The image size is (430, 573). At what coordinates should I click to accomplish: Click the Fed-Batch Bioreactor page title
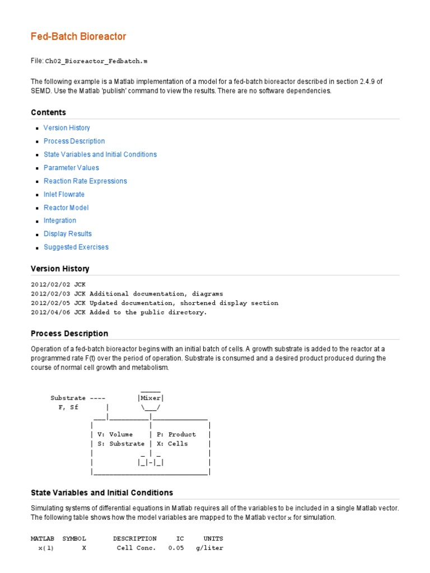point(78,37)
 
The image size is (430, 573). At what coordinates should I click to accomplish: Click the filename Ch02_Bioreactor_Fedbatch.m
point(96,60)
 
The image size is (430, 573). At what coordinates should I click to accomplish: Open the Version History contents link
point(67,128)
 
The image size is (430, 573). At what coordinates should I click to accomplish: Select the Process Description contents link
point(74,142)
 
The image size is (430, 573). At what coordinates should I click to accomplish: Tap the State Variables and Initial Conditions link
point(100,154)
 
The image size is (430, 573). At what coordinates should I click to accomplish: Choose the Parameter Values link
point(71,168)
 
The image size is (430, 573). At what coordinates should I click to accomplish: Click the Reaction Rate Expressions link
point(85,181)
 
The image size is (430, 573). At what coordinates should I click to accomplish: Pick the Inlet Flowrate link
point(64,195)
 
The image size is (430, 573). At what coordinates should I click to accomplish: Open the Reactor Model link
point(66,208)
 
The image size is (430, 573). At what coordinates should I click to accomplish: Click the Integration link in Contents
point(60,221)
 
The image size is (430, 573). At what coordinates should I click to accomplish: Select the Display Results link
point(68,234)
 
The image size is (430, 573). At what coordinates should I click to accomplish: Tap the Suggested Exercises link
point(76,247)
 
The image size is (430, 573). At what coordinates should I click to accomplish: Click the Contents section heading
point(48,112)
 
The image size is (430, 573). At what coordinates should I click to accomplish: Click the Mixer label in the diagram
point(151,398)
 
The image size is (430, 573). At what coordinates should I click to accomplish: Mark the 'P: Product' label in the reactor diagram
point(176,434)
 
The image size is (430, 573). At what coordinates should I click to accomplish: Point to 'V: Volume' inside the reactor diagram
point(115,434)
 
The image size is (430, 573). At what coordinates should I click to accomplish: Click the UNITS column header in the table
point(213,538)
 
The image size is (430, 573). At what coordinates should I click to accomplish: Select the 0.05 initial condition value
point(176,548)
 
